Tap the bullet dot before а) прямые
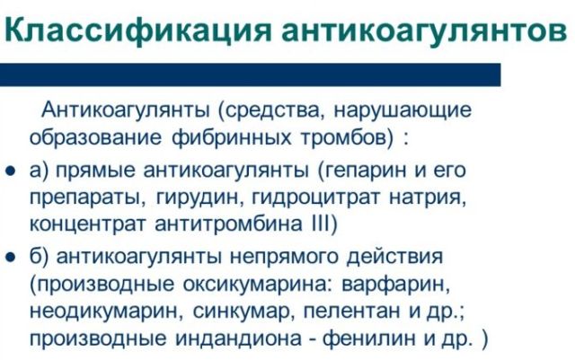[12, 171]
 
